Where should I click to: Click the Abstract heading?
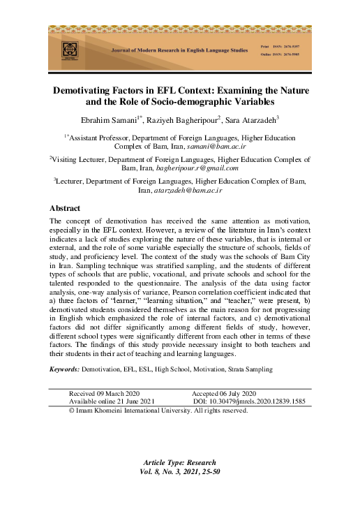65,208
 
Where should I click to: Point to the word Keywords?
63,368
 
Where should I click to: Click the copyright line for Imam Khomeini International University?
158,411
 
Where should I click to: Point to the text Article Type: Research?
179,463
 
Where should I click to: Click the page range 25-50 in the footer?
210,471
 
